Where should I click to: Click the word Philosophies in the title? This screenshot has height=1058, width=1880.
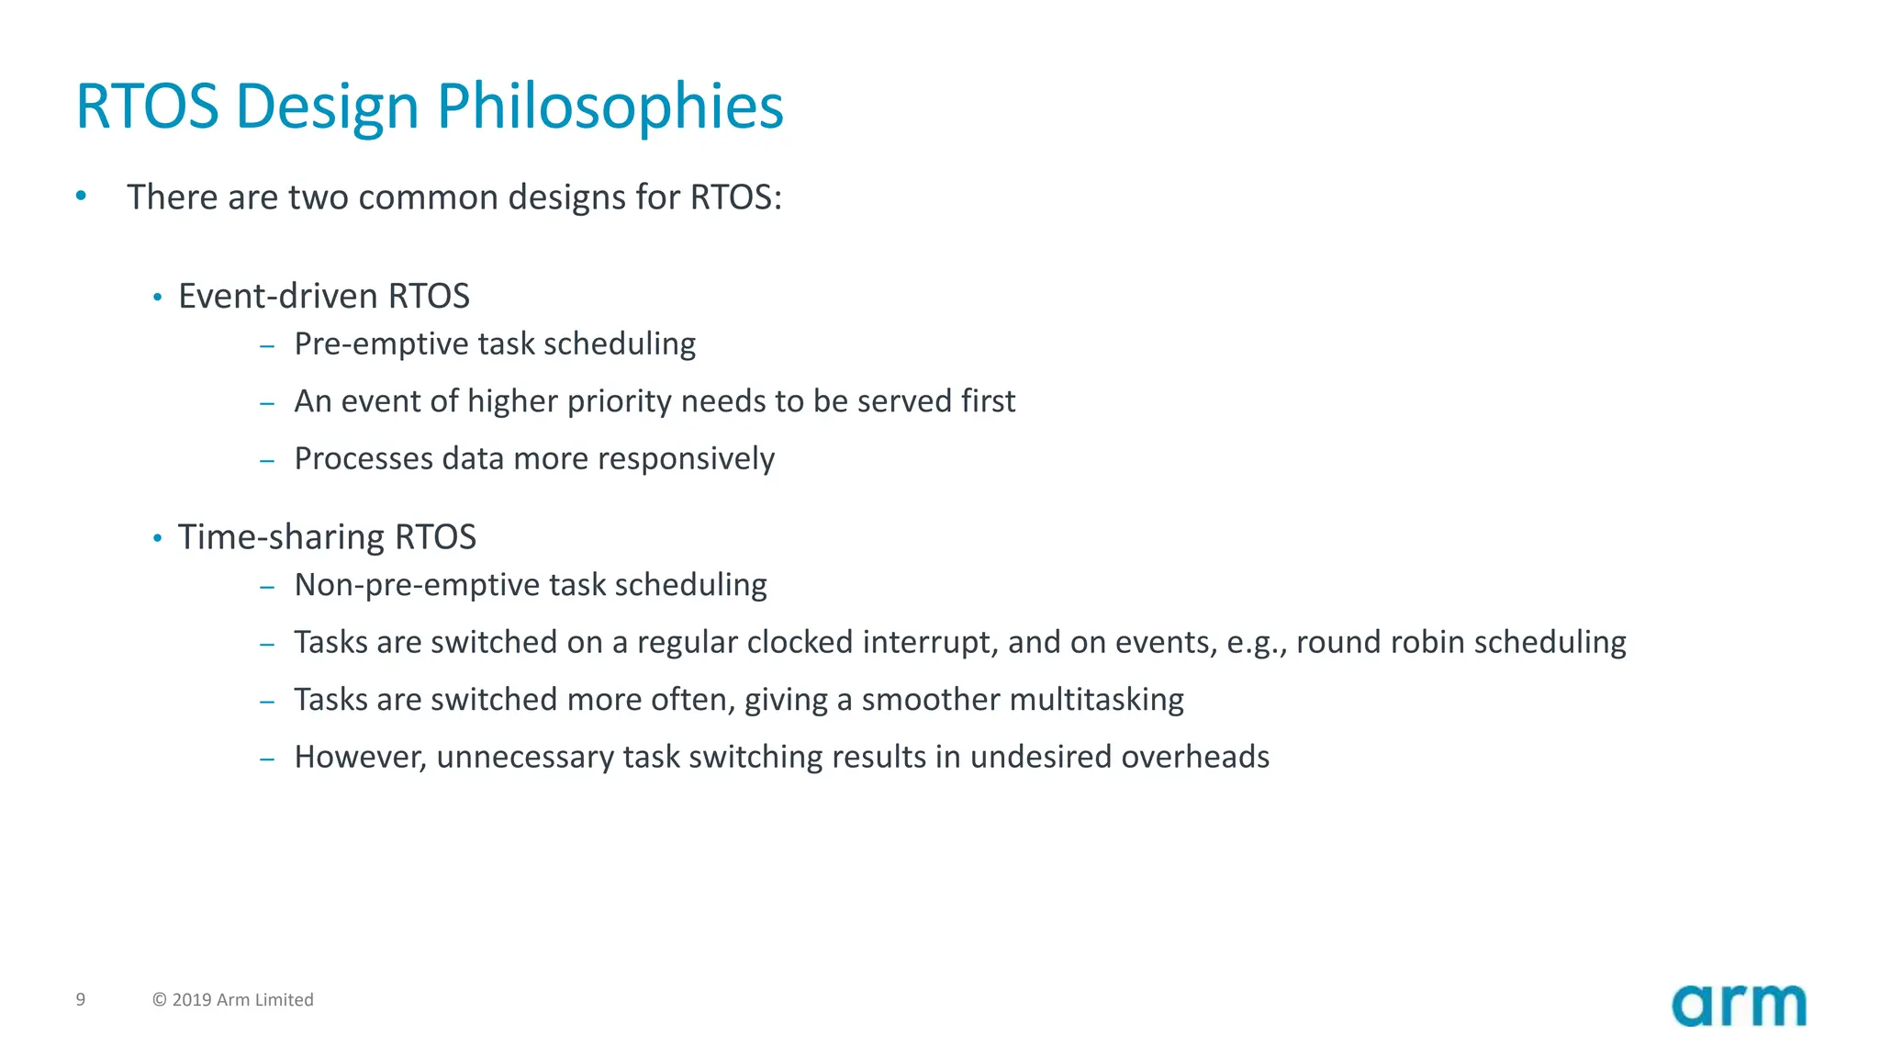610,107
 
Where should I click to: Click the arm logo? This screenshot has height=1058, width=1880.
1739,1006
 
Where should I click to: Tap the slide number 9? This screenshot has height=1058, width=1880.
81,999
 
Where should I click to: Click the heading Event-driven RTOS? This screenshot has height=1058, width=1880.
323,297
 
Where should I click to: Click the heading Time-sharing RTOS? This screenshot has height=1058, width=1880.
327,537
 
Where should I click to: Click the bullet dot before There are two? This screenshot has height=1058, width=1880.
81,196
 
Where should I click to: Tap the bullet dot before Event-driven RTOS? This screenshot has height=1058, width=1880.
157,298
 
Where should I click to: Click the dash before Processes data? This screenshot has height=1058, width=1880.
267,460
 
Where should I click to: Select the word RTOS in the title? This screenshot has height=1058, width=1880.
147,107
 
